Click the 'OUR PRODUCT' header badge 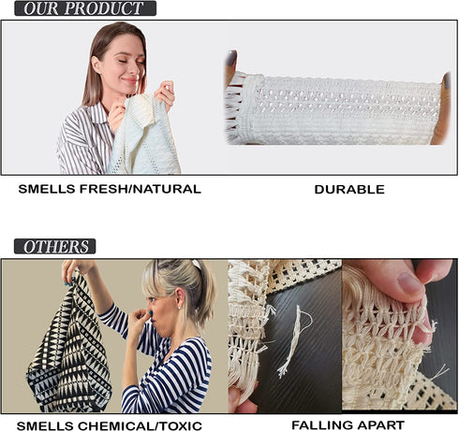pyautogui.click(x=85, y=8)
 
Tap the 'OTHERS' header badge pyautogui.click(x=55, y=247)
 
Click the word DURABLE pyautogui.click(x=349, y=190)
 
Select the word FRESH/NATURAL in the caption pyautogui.click(x=141, y=189)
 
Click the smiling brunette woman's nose pyautogui.click(x=135, y=69)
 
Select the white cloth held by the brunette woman pyautogui.click(x=144, y=134)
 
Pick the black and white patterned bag pyautogui.click(x=69, y=343)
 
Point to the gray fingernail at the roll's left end pyautogui.click(x=231, y=58)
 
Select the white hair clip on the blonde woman pyautogui.click(x=197, y=265)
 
